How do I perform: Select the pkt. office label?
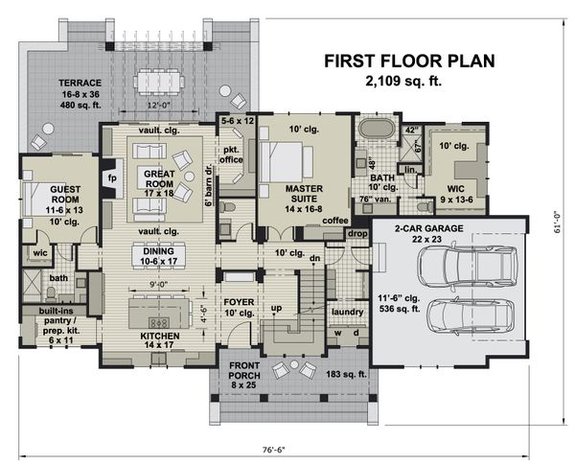229,148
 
